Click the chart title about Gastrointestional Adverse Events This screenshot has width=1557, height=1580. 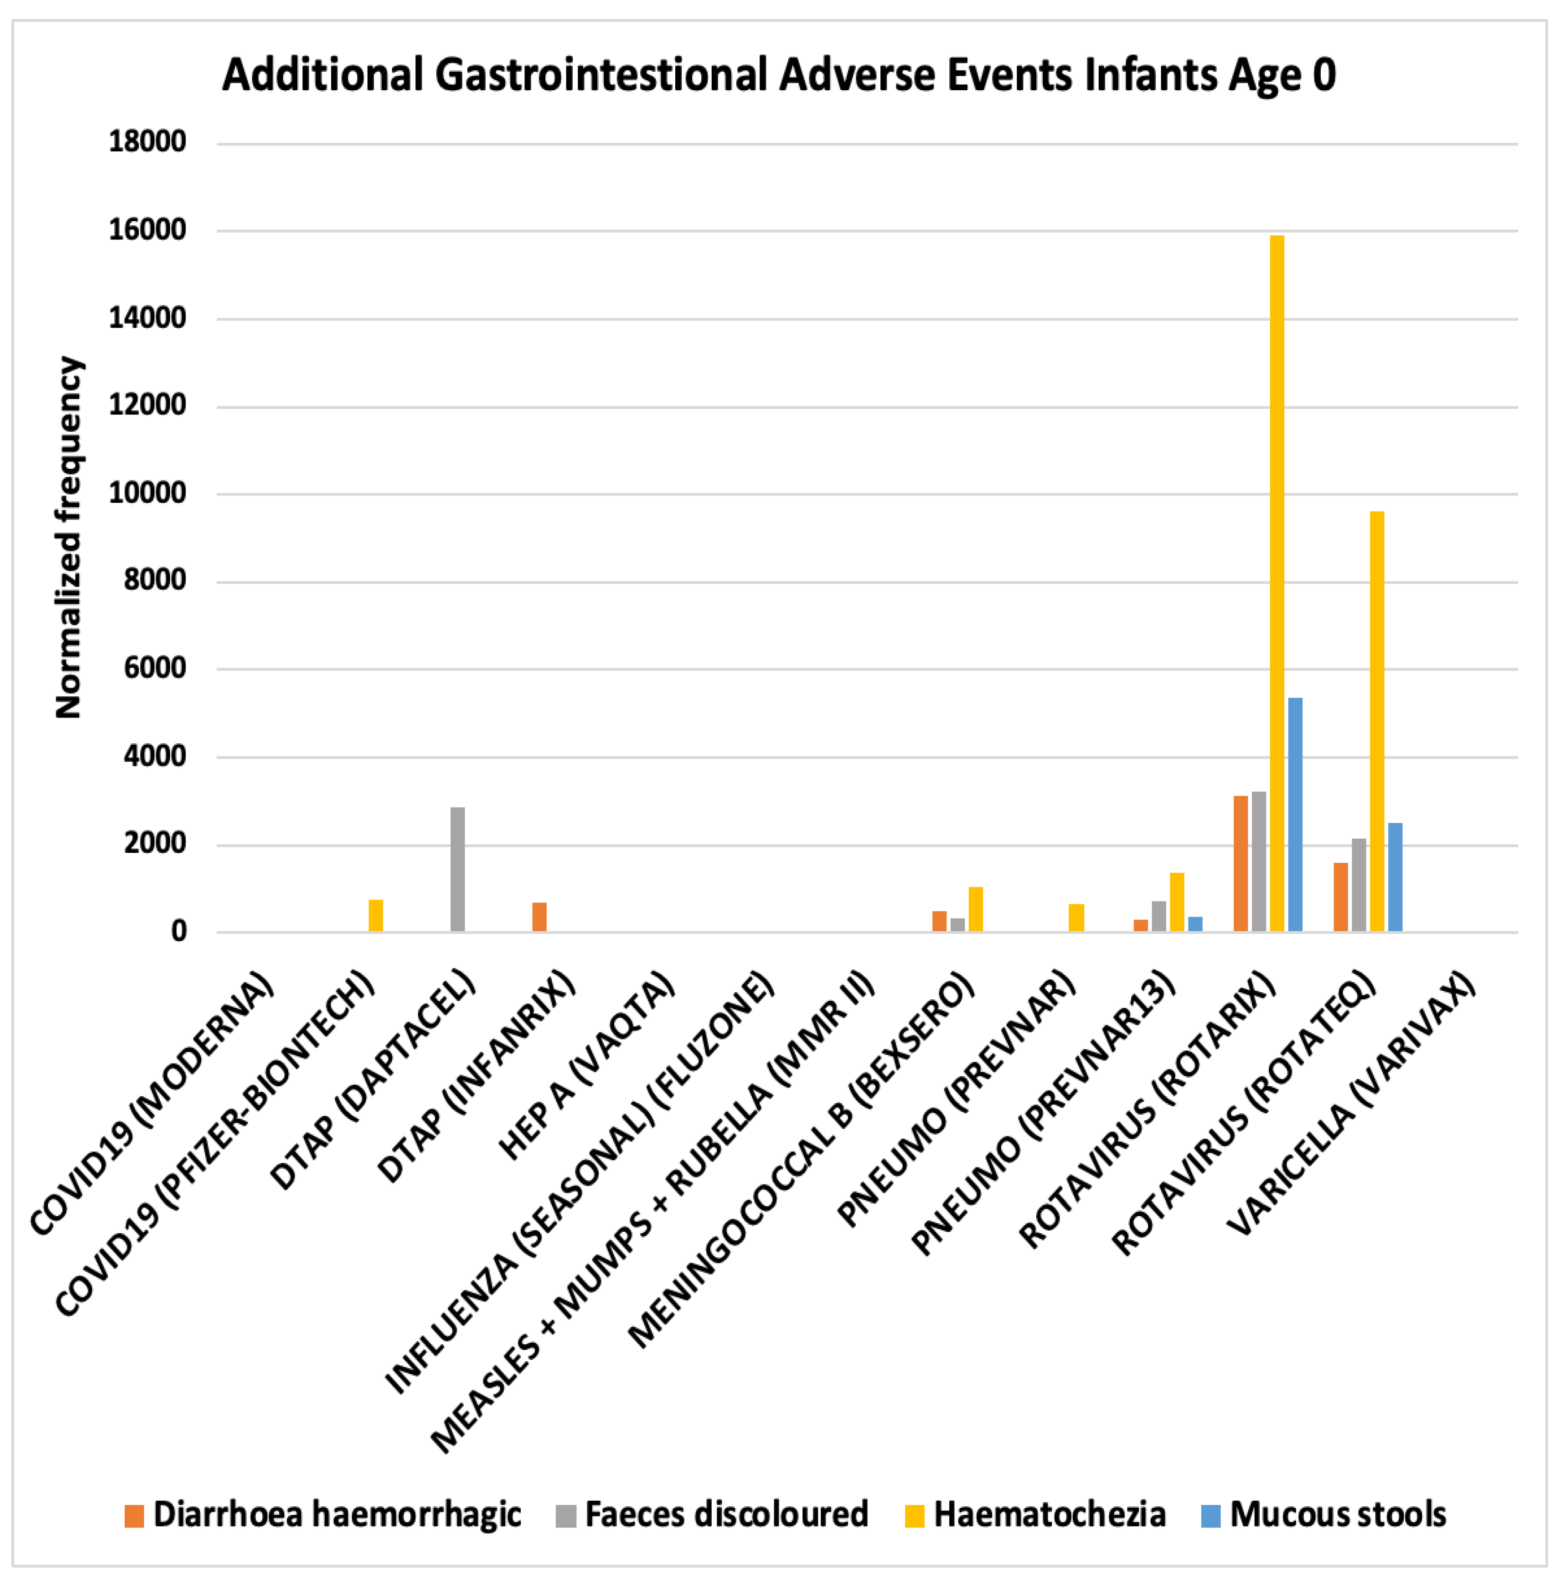pyautogui.click(x=779, y=75)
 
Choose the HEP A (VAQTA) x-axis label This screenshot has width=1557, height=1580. pyautogui.click(x=587, y=1067)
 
